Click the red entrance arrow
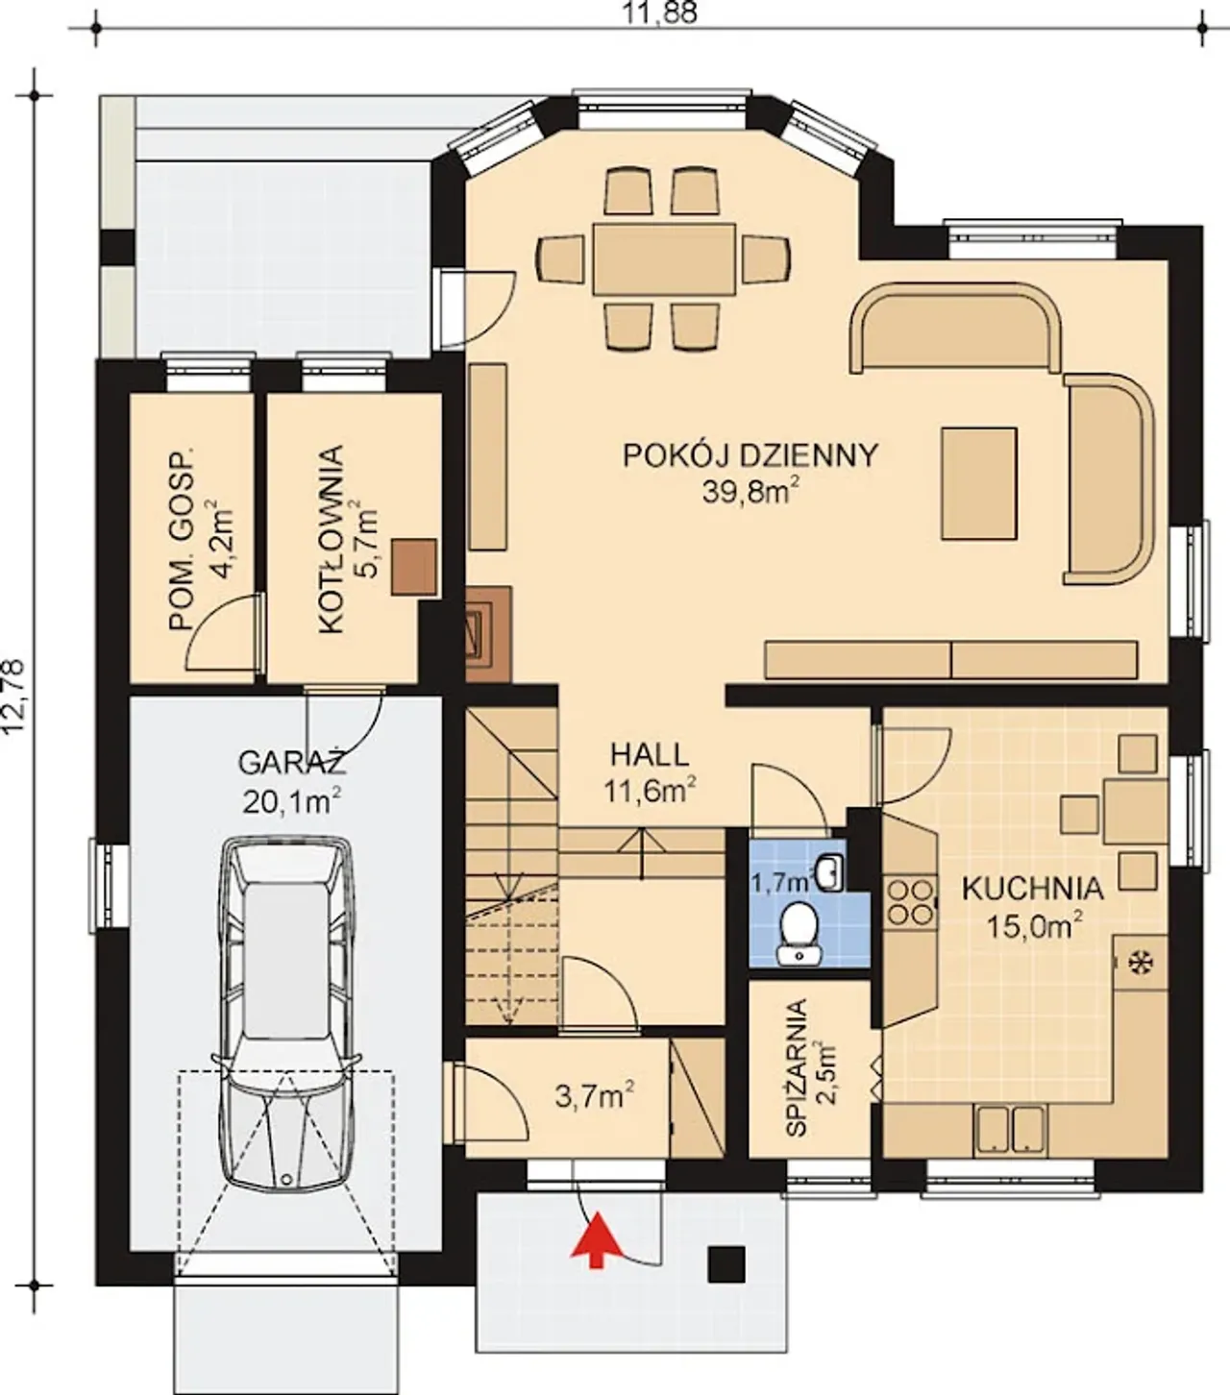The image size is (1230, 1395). coord(597,1240)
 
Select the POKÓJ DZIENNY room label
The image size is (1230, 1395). coord(750,455)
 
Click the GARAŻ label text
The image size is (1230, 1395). coord(292,763)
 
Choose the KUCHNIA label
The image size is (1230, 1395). coord(1032,890)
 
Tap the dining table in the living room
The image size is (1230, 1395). coord(664,258)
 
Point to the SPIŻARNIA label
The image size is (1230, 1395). coord(796,1067)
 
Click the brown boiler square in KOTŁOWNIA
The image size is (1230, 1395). coord(414,567)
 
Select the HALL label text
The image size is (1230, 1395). coord(650,755)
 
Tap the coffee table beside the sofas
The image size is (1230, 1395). coord(979,482)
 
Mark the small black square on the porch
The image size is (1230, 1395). coord(726,1263)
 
